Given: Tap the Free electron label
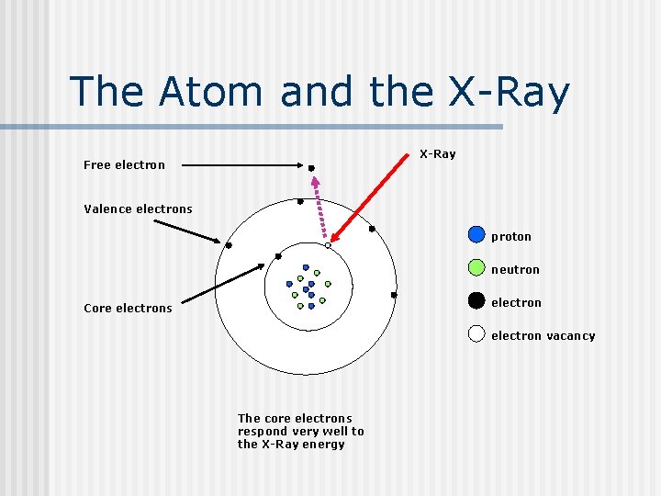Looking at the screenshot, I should [x=124, y=165].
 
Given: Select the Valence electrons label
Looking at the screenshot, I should [x=138, y=209].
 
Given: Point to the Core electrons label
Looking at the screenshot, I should [x=128, y=309].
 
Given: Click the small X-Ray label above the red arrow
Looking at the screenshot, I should [x=437, y=153].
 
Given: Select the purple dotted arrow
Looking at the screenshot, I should [x=320, y=208].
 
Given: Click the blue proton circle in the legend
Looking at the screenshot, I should [x=476, y=234].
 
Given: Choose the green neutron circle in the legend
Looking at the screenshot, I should [x=476, y=267].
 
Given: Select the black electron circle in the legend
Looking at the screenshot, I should [x=476, y=300].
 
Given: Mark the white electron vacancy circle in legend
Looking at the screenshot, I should [x=476, y=333].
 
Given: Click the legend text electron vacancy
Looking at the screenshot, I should [x=543, y=336].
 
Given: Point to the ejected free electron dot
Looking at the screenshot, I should [x=311, y=168].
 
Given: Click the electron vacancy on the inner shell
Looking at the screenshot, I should [x=328, y=245].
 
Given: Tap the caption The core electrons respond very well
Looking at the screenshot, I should [x=300, y=431].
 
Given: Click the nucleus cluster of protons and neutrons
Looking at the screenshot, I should [x=308, y=287].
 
